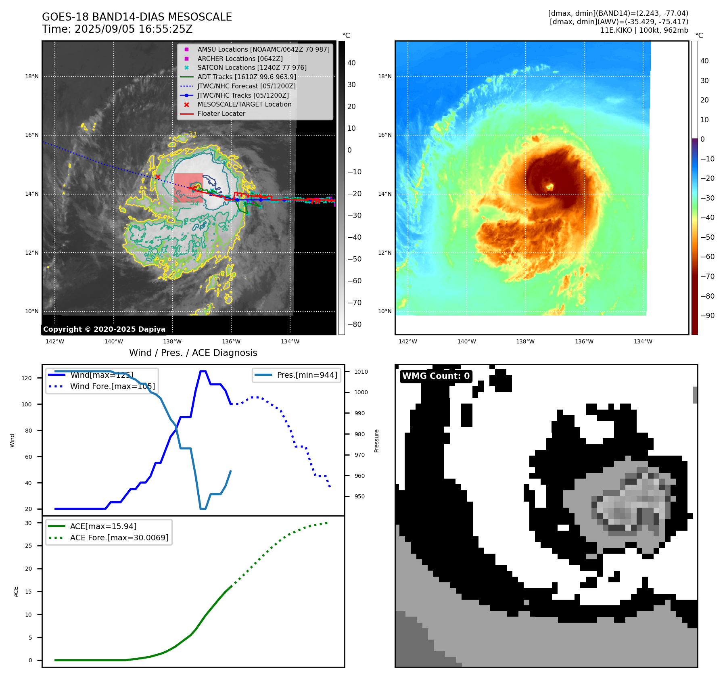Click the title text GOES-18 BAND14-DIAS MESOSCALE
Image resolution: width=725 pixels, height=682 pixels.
pos(137,17)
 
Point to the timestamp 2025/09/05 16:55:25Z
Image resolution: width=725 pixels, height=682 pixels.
pos(134,29)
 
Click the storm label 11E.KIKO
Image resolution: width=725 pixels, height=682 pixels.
pos(616,30)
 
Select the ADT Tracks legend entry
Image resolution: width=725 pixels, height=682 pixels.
pos(247,77)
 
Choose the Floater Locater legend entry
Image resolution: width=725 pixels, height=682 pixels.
pos(221,114)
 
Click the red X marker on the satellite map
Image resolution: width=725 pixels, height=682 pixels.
pos(158,177)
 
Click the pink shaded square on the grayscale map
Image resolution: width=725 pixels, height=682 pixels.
pos(188,188)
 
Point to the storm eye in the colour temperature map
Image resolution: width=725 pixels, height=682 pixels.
pos(549,186)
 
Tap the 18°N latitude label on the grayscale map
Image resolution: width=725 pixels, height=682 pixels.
pos(32,76)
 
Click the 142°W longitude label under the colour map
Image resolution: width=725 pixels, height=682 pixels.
pos(407,342)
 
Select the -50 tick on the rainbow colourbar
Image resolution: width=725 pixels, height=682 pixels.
pos(707,237)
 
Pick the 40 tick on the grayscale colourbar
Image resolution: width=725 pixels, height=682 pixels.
pos(351,63)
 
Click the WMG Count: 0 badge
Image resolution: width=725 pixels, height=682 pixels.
pos(436,376)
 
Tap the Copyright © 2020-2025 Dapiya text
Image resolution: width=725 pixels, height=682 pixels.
pos(104,329)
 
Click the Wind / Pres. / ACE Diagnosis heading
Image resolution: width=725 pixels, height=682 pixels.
pos(193,353)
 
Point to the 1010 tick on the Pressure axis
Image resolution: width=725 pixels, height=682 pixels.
pos(361,372)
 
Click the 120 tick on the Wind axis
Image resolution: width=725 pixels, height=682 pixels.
pos(27,378)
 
